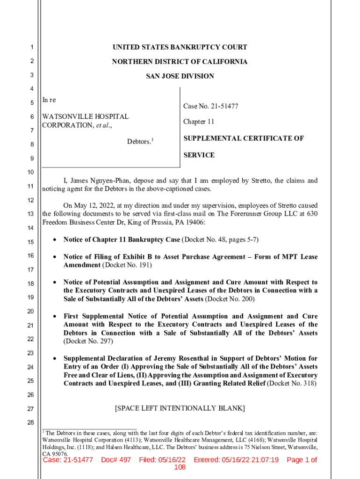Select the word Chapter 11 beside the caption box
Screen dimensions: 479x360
click(199, 122)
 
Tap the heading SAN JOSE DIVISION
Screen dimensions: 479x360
click(180, 76)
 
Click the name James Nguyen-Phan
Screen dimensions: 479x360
click(101, 181)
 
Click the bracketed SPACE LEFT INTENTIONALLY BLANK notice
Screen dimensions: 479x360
click(180, 408)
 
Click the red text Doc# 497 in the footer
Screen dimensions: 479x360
click(116, 460)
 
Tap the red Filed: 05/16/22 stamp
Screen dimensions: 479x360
click(162, 460)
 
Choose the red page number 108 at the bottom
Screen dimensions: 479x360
click(180, 468)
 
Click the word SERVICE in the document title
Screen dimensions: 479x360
click(199, 155)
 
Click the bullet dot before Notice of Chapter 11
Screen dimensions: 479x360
click(55, 240)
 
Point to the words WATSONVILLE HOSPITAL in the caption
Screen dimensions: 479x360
click(85, 116)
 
